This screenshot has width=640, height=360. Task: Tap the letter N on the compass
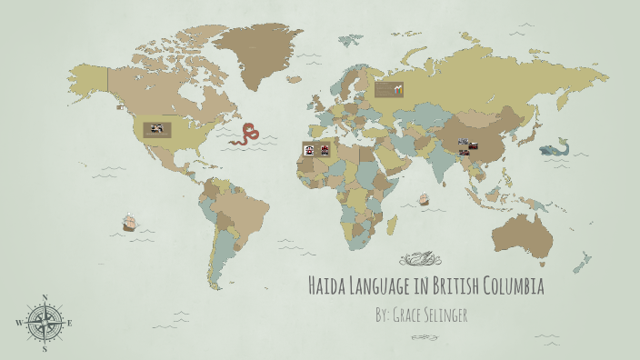pos(45,297)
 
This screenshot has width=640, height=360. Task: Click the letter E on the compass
pos(70,323)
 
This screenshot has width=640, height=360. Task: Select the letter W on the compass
pos(19,323)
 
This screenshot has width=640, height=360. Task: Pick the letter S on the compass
pos(45,348)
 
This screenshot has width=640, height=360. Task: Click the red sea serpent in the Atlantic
pos(245,135)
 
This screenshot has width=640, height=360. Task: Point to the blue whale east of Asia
pos(554,148)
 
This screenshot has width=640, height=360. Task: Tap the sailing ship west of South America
pos(129,222)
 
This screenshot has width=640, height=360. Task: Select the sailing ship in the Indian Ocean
pos(424,199)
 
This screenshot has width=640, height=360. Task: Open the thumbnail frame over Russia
pos(389,89)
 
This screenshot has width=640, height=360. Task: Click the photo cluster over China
pos(469,145)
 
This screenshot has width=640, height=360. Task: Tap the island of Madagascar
pos(392,222)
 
